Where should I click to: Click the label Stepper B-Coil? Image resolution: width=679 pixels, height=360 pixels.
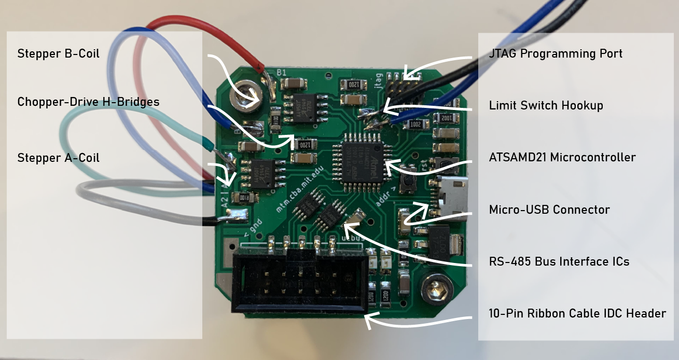tap(59, 53)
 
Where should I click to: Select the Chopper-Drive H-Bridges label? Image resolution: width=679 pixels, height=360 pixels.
tap(88, 102)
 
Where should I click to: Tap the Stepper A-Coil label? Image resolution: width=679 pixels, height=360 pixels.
tap(59, 158)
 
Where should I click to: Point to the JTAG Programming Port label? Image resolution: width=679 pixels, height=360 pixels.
tap(556, 53)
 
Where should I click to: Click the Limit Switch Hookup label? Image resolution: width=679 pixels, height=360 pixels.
tap(546, 106)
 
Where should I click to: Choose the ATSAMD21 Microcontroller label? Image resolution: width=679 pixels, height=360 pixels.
tap(562, 157)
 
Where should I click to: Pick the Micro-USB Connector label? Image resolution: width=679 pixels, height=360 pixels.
tap(549, 210)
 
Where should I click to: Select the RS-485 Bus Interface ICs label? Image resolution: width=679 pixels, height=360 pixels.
tap(559, 261)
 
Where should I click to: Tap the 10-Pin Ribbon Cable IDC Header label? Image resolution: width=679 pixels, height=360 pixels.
tap(577, 313)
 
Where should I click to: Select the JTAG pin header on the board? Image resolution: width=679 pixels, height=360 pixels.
tap(404, 84)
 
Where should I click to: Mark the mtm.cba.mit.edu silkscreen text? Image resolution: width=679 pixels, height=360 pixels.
tap(302, 186)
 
